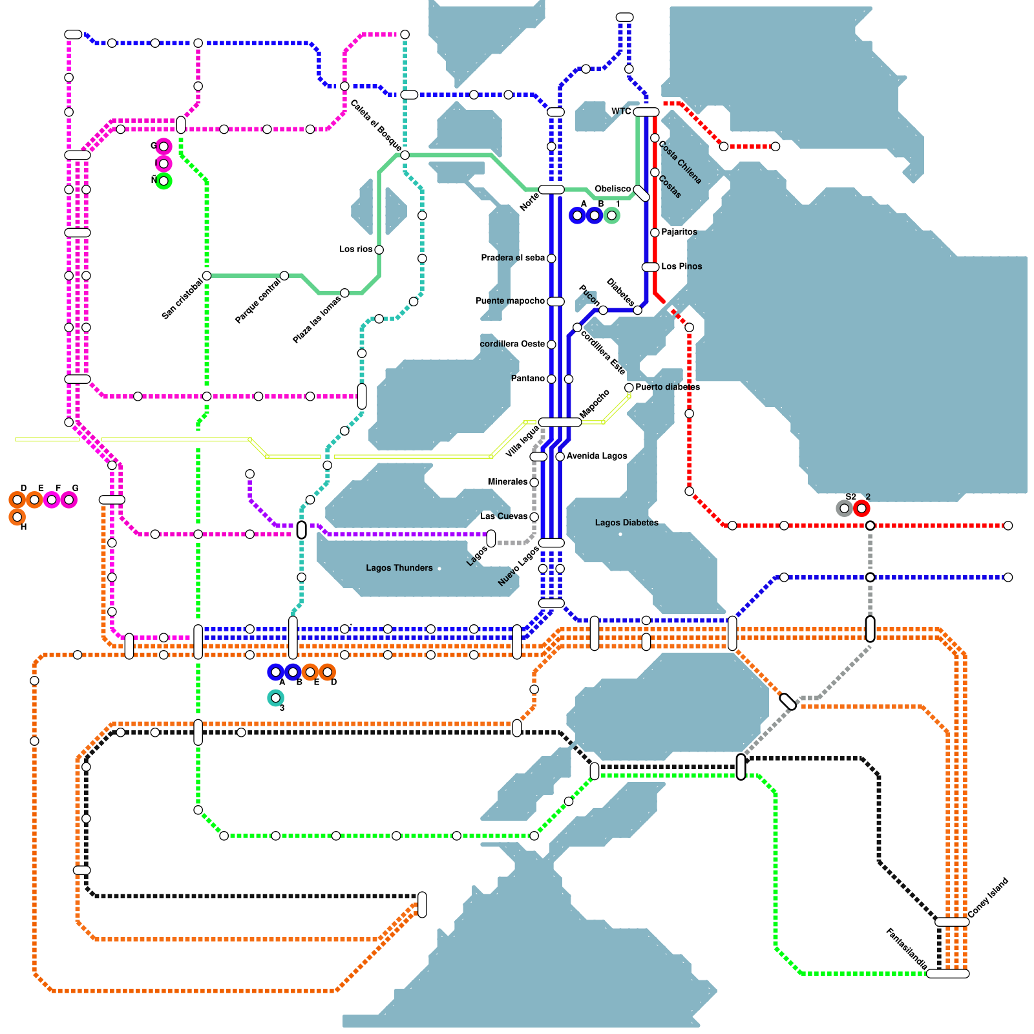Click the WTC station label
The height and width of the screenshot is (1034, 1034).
[620, 112]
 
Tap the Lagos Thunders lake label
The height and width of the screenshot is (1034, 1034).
[399, 568]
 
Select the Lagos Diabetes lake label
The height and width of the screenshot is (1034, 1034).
[626, 523]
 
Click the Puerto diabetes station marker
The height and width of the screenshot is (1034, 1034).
[629, 388]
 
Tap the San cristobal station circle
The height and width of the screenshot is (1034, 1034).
[207, 276]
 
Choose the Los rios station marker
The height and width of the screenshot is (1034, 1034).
[379, 250]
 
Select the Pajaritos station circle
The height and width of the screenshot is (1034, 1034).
[655, 233]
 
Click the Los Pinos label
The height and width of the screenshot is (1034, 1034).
[681, 266]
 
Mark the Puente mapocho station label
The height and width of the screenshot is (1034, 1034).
[511, 301]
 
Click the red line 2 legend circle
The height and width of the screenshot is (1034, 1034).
[861, 509]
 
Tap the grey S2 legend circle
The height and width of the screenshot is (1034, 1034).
[844, 509]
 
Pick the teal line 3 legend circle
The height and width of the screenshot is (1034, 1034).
[275, 698]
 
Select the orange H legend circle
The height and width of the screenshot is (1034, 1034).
[17, 517]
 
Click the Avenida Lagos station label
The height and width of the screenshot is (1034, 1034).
[596, 456]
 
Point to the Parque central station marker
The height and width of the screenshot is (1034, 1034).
[284, 276]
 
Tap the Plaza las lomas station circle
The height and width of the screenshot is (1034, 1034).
[344, 293]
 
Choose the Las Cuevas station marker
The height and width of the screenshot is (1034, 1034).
[534, 517]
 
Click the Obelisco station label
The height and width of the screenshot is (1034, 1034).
[612, 189]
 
